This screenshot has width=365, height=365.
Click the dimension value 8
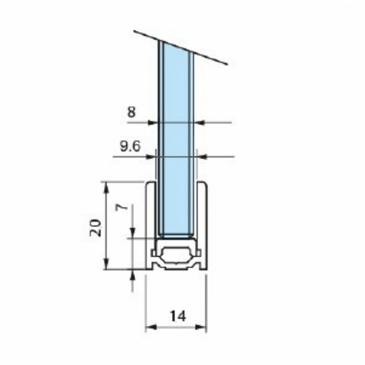tap(131, 112)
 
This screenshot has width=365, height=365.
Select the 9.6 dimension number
tap(130, 146)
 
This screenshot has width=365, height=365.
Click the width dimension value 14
tap(177, 316)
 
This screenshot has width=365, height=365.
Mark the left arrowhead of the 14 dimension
tap(149, 327)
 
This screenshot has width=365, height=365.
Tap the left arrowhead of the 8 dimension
tap(154, 122)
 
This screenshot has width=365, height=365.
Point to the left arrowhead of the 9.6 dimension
tap(150, 156)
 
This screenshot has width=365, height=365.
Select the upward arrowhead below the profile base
tap(132, 274)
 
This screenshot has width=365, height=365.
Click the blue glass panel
tap(176, 137)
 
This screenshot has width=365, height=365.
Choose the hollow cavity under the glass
tap(176, 255)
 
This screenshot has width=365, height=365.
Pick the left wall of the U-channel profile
tap(149, 219)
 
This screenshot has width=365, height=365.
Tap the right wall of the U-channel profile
tap(202, 219)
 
